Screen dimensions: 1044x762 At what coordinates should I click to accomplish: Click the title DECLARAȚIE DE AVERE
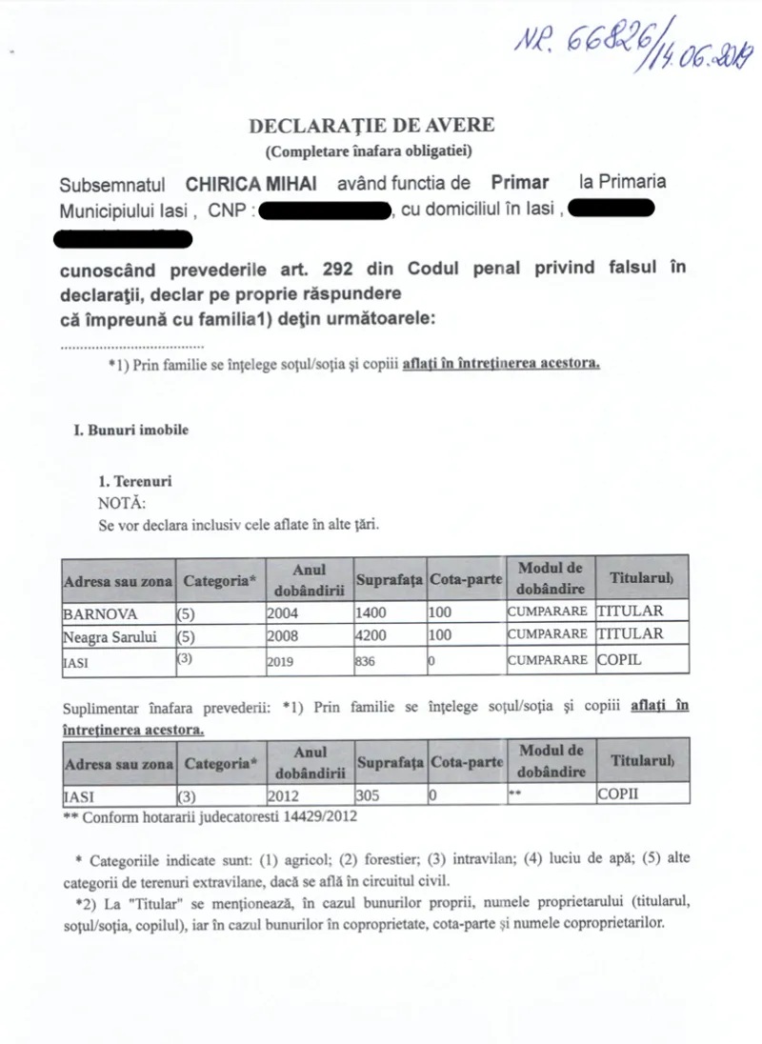371,126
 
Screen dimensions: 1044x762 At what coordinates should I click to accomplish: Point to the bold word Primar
520,182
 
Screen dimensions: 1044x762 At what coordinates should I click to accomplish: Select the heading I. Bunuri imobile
131,430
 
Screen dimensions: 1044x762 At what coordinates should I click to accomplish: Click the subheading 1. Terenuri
135,482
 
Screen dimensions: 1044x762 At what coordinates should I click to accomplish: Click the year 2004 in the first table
282,612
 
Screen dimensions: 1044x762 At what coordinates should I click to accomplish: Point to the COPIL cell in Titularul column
619,658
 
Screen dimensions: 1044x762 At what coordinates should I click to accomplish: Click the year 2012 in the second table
282,794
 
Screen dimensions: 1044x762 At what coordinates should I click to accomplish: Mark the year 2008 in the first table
282,634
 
